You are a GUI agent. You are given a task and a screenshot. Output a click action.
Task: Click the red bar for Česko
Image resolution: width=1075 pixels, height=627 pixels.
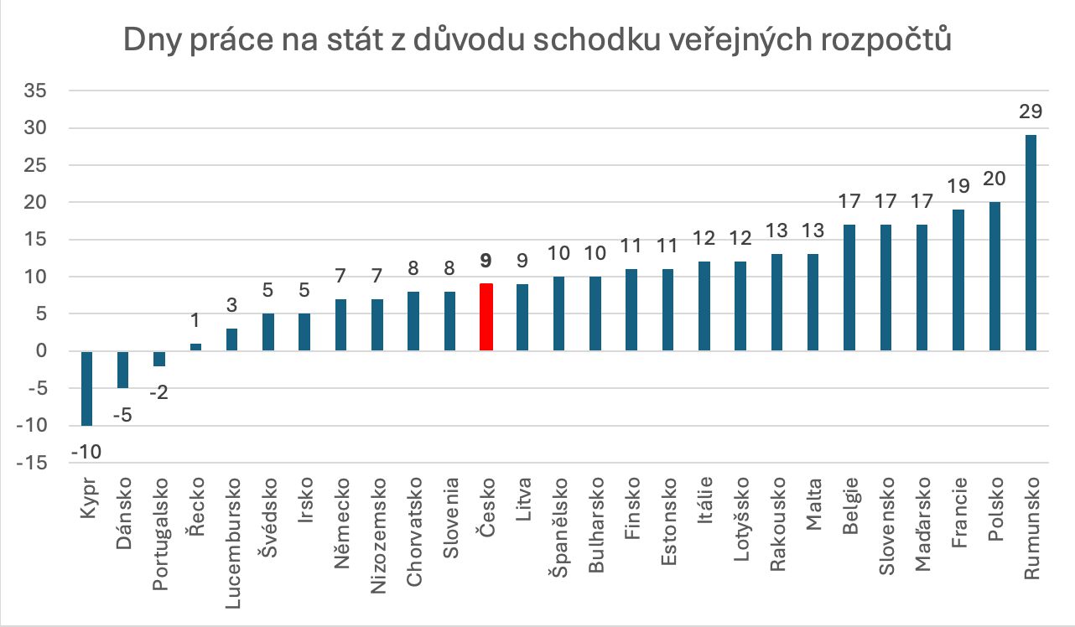[x=486, y=318]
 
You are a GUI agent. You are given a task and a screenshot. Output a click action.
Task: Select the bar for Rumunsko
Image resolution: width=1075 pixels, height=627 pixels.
[x=1031, y=243]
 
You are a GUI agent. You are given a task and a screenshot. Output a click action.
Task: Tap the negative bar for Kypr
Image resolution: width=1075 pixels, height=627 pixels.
[x=86, y=388]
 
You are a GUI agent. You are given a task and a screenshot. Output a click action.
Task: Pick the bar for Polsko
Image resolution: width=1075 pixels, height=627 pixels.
[x=995, y=277]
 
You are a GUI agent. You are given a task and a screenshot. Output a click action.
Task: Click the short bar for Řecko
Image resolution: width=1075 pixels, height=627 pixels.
[x=195, y=347]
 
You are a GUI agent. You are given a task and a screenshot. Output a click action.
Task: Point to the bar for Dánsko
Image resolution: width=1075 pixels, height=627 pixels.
[x=122, y=370]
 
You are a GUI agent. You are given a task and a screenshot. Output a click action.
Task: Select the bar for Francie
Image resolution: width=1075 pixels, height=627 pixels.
[x=958, y=280]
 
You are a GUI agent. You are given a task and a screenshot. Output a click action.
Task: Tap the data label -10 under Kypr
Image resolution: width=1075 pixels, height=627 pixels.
[x=86, y=452]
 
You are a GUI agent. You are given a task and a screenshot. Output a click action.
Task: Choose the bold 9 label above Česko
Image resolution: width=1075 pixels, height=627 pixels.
[x=486, y=262]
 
